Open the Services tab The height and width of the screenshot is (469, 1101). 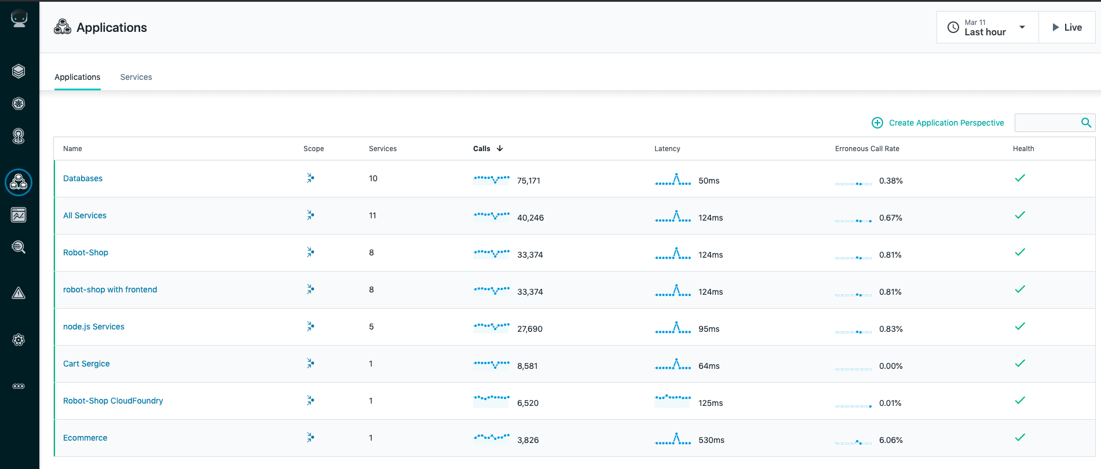coord(136,77)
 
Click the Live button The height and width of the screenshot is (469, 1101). coord(1067,27)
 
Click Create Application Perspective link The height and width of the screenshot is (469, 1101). coord(938,123)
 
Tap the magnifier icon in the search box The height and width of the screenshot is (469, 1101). coord(1086,123)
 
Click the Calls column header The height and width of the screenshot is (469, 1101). coord(482,149)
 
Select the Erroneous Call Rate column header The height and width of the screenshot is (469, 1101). coord(867,149)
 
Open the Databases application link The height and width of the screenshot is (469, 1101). coord(83,178)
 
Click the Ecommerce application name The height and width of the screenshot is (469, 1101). coord(85,438)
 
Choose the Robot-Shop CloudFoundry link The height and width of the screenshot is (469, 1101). coord(113,401)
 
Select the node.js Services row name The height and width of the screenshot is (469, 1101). coord(94,327)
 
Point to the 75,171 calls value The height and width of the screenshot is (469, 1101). coord(529,181)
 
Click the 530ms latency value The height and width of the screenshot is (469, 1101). coord(711,440)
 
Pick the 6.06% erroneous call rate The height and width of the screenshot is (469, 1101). coord(891,440)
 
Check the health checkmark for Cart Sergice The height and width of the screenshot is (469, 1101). coord(1020,363)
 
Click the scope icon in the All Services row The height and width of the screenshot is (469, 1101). coord(310,215)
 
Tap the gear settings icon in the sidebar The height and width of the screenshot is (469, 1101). coord(19,340)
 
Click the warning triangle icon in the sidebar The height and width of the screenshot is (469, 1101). coord(19,293)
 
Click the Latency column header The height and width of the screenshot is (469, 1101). coord(667,149)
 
